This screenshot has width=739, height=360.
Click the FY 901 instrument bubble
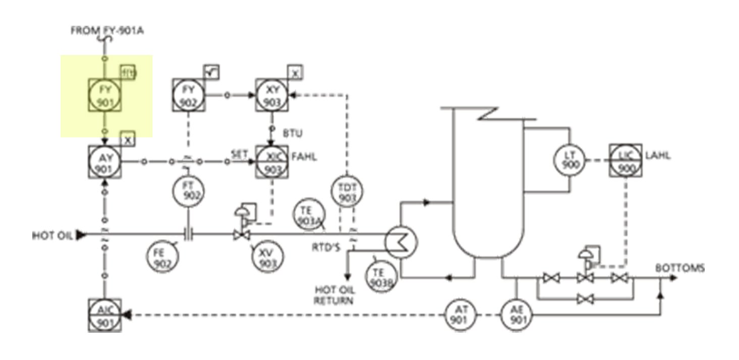104,95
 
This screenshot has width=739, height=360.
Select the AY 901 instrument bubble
104,162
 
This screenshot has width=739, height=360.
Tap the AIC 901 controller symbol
104,315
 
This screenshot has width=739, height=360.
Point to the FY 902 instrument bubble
188,95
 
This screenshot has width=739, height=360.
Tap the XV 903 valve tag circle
267,258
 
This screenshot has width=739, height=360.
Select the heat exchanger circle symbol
401,242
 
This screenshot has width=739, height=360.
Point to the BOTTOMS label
680,268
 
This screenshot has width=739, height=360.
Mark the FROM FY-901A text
108,31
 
